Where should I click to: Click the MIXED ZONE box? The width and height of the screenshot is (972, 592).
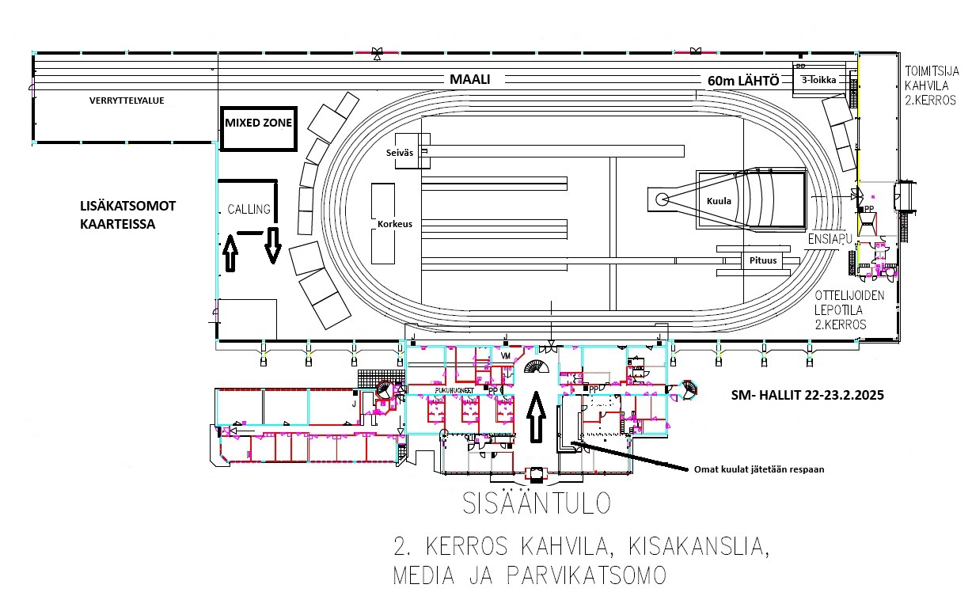(x=258, y=123)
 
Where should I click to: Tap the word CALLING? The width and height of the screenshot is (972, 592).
(x=249, y=210)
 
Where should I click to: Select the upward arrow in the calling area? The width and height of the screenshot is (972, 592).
(x=230, y=253)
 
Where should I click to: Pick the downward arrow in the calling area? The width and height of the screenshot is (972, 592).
(x=273, y=244)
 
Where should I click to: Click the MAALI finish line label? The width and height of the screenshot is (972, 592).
(x=470, y=80)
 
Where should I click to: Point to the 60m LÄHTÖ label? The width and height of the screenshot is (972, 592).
(x=744, y=81)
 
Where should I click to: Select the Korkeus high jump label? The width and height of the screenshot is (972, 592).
(x=394, y=224)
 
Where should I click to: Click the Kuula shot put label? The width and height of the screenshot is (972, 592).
(x=720, y=201)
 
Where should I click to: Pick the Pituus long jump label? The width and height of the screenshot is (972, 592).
(x=759, y=260)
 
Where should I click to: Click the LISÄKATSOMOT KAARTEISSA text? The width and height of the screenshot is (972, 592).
(x=127, y=214)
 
